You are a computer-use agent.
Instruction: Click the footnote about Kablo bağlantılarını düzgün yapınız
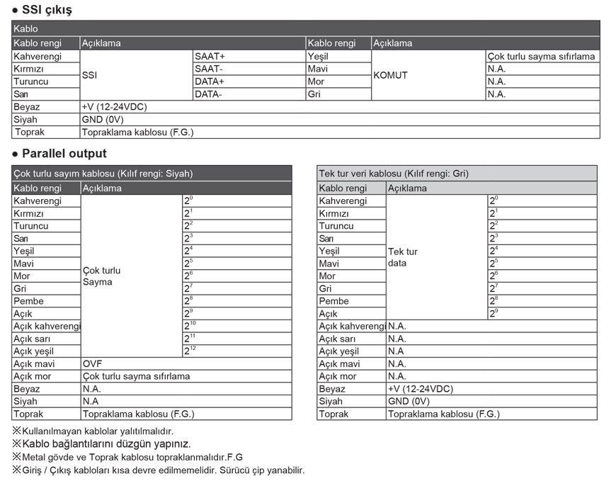tap(101, 444)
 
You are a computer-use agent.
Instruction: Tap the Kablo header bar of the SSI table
tap(305, 29)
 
